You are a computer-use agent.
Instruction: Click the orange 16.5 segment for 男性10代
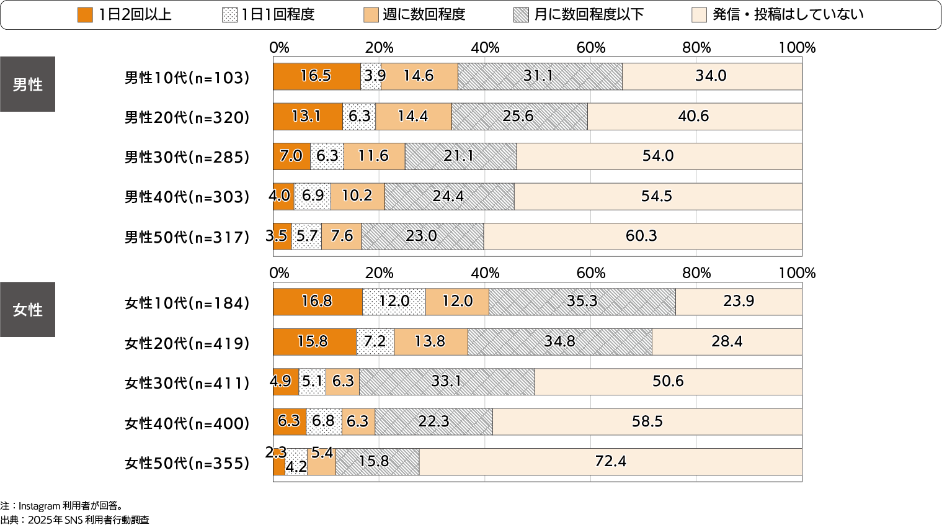(316, 76)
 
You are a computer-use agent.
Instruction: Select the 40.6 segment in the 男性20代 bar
(694, 117)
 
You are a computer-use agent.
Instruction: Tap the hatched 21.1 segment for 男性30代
(460, 156)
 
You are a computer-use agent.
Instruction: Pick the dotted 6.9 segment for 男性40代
(313, 196)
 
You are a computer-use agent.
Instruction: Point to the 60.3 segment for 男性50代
(642, 236)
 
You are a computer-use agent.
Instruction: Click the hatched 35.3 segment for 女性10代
(582, 302)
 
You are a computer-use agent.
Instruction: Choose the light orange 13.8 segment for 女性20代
(430, 342)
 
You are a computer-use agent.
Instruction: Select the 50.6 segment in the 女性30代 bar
(667, 382)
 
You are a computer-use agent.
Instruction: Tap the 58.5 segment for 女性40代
(647, 422)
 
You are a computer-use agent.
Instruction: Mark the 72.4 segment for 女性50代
(610, 462)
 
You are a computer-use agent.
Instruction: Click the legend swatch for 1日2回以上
(85, 15)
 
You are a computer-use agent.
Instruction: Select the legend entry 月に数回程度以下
(589, 15)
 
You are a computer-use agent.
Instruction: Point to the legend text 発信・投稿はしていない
(788, 15)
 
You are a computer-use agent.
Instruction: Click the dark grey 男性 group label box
(27, 84)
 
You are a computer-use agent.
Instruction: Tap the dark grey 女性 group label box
(27, 310)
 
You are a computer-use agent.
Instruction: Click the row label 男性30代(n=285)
(187, 157)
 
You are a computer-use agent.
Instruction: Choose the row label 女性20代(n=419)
(187, 343)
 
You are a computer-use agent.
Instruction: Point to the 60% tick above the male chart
(590, 48)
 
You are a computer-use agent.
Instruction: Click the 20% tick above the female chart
(379, 273)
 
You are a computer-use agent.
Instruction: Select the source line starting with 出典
(74, 520)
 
